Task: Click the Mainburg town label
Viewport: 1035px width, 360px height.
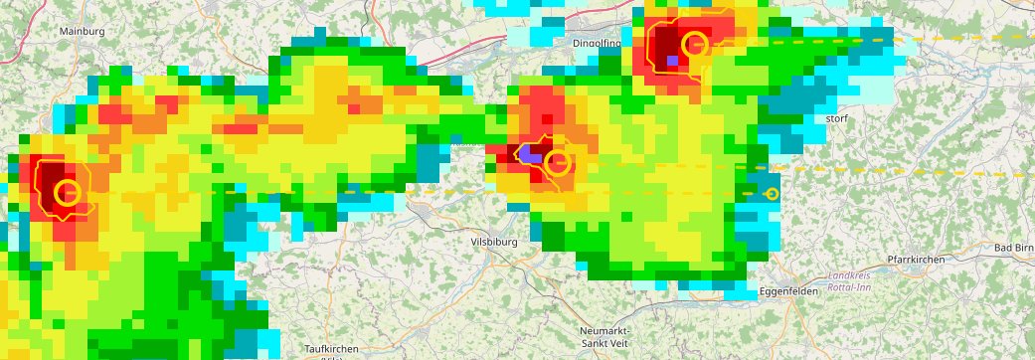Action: (82, 31)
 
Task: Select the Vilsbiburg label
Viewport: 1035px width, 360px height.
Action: (493, 242)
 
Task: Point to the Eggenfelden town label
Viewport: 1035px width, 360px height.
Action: (787, 291)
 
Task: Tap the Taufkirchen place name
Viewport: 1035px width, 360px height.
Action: (331, 349)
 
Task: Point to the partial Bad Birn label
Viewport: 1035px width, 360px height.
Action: (1014, 247)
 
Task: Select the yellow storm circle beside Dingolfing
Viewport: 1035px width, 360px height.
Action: (695, 44)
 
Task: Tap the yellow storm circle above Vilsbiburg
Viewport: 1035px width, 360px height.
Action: (559, 163)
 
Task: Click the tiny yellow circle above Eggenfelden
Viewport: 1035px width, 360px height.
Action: (772, 194)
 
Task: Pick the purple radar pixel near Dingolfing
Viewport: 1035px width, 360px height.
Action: (673, 61)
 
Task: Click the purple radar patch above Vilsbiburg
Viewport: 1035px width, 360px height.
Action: (529, 156)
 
